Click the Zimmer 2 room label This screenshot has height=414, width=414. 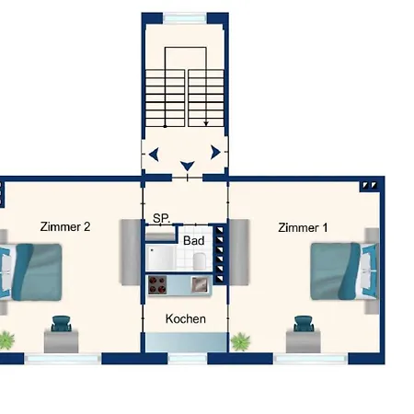[x=65, y=226]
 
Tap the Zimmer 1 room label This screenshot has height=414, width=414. [x=303, y=227]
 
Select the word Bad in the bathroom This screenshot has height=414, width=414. [x=194, y=241]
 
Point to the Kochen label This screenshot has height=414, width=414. [x=186, y=319]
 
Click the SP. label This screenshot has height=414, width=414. [x=161, y=218]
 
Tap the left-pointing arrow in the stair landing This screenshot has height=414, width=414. [x=154, y=154]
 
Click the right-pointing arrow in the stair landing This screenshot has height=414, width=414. [x=215, y=152]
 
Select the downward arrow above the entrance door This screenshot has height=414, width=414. [x=188, y=166]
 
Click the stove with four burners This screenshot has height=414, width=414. [x=157, y=285]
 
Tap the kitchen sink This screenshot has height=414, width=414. [x=201, y=284]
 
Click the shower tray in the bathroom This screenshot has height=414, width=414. [x=160, y=258]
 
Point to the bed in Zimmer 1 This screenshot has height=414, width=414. [x=344, y=271]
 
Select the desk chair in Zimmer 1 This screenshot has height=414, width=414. [x=304, y=324]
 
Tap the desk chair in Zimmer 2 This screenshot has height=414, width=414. [x=62, y=324]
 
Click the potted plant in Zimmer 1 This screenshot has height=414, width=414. [x=240, y=341]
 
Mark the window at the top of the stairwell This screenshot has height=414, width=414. [x=185, y=18]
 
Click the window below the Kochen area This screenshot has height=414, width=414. [x=188, y=359]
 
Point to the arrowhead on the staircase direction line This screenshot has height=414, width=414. [x=206, y=123]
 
